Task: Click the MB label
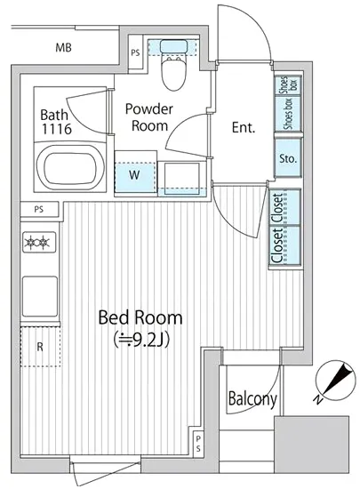point(64,48)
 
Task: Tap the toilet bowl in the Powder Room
point(174,73)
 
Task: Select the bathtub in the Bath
point(70,168)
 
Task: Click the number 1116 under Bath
point(57,129)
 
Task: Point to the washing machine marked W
point(135,174)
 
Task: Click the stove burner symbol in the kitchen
point(39,242)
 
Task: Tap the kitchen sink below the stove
point(40,296)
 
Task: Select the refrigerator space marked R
point(40,346)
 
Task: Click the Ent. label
point(244,127)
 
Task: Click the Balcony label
point(252,399)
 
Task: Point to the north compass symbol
point(335,381)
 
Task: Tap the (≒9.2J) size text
point(142,340)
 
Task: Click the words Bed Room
point(140,317)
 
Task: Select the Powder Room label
point(149,117)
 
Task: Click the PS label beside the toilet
point(135,52)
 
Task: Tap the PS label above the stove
point(38,209)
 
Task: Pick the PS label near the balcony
point(198,444)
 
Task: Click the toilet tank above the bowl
point(174,46)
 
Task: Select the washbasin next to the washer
point(182,178)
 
